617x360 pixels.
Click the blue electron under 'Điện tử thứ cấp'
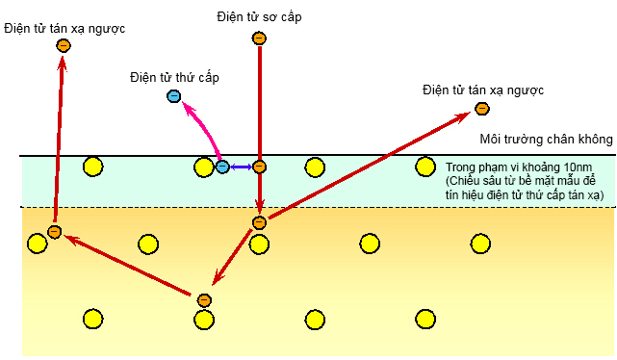(174, 96)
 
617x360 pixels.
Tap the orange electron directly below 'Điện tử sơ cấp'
(258, 39)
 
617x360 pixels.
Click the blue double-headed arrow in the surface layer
(240, 167)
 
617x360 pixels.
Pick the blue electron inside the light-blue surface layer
(222, 167)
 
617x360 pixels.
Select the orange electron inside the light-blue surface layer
(258, 167)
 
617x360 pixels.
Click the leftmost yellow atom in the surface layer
(93, 167)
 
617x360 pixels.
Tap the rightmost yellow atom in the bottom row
(424, 319)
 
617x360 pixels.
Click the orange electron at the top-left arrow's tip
(64, 45)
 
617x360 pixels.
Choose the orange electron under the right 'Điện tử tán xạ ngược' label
(482, 109)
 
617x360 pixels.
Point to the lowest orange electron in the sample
(204, 300)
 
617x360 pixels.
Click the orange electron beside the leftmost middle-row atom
(55, 232)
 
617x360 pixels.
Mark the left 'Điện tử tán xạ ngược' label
(64, 28)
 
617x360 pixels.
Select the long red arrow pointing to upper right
(366, 165)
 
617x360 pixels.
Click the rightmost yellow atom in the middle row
(479, 243)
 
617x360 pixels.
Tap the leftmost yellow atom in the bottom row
(93, 319)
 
